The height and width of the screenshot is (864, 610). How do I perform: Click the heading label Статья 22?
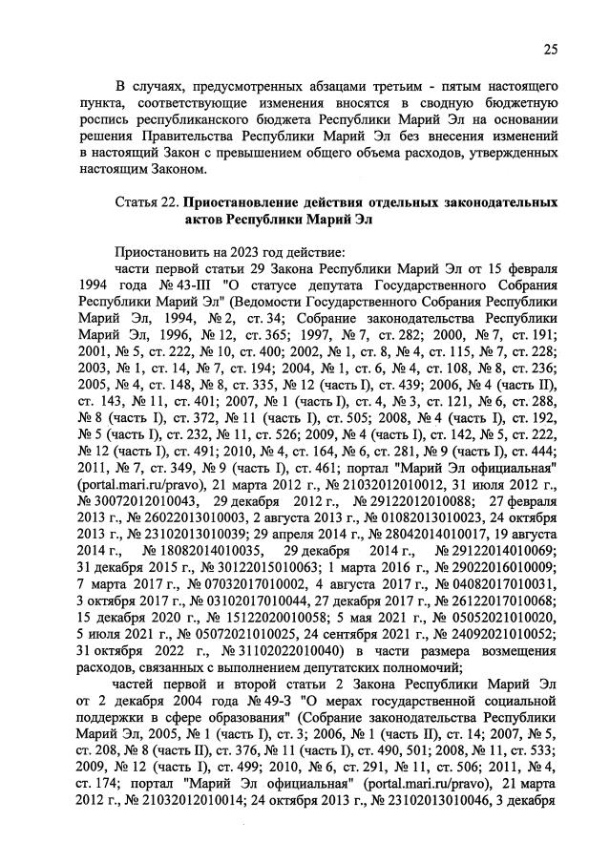[145, 203]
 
